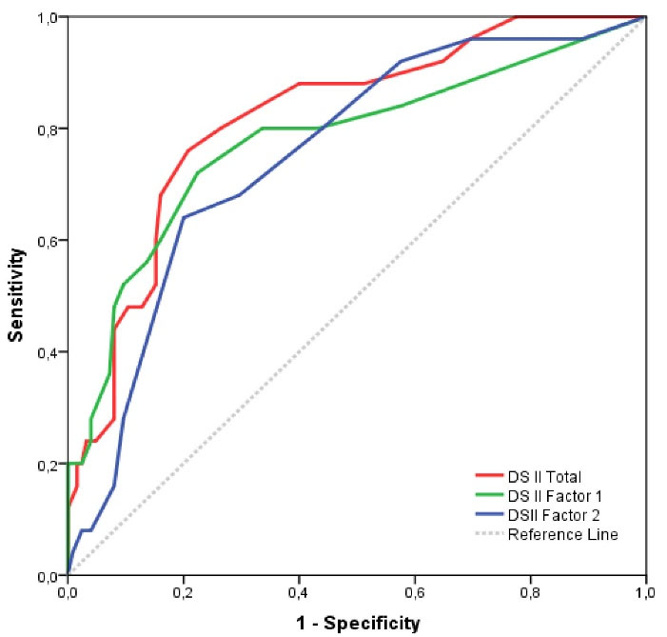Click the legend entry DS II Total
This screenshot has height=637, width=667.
tap(543, 477)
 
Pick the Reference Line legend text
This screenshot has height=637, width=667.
tap(562, 534)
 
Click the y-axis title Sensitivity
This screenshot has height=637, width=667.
tap(16, 295)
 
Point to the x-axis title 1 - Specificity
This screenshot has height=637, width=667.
tap(357, 624)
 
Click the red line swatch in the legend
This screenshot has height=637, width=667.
tap(488, 477)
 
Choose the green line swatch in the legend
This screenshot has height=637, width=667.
tap(488, 496)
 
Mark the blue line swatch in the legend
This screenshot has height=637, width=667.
tap(488, 515)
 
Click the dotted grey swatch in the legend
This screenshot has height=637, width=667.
tap(488, 534)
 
